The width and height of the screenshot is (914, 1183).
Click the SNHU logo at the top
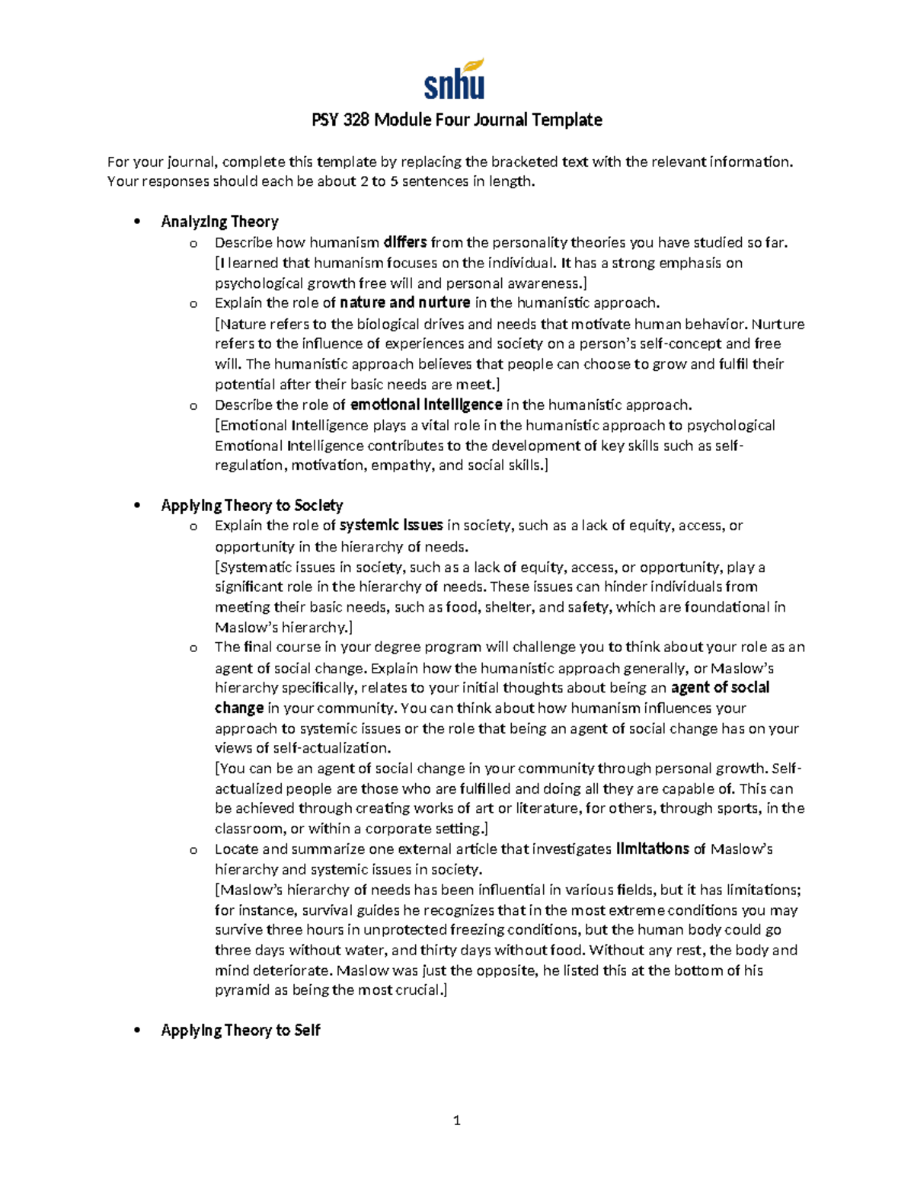[455, 79]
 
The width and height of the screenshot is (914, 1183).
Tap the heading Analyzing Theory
[219, 222]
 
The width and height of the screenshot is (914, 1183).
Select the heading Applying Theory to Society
[251, 505]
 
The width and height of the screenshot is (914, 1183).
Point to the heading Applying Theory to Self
[240, 1030]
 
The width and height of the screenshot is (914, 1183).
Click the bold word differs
[405, 242]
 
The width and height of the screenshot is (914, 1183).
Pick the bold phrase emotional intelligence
[426, 404]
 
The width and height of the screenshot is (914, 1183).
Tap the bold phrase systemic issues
[391, 525]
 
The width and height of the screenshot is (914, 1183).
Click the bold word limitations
[652, 849]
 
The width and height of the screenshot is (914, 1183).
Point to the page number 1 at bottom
[456, 1120]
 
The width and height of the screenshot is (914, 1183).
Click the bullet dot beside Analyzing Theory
[137, 222]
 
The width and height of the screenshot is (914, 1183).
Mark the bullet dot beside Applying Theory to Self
[137, 1031]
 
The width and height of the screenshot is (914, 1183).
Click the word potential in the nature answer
[244, 385]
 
